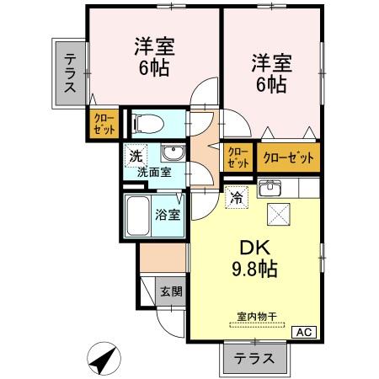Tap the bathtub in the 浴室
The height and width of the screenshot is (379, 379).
click(x=138, y=216)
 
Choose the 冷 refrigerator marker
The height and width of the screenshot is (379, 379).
click(x=237, y=199)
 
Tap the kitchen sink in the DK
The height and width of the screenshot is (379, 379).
click(x=270, y=187)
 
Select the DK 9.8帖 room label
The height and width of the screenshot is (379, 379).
click(x=254, y=259)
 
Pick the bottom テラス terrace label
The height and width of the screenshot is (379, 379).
click(x=255, y=357)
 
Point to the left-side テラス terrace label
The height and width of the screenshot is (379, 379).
click(x=70, y=72)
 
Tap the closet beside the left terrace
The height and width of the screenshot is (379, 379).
click(x=104, y=125)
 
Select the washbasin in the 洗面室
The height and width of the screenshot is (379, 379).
click(x=173, y=153)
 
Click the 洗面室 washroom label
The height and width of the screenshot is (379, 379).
click(x=155, y=172)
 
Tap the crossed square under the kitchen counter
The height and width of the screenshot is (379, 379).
click(x=279, y=215)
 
